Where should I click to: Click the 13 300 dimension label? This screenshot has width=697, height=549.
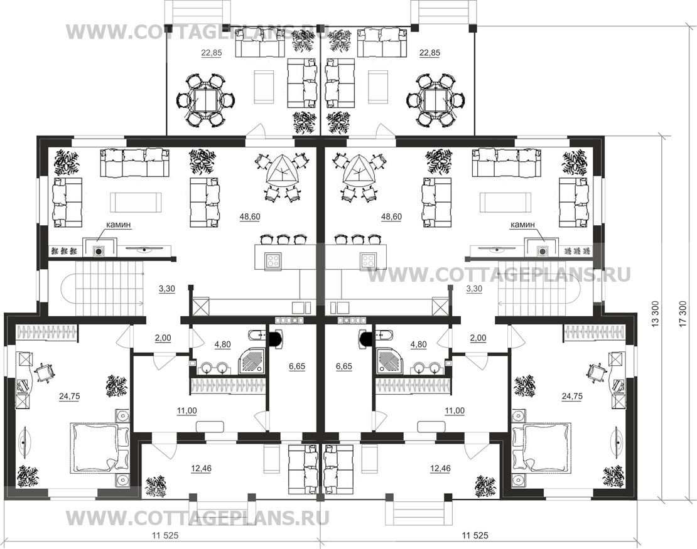(655, 314)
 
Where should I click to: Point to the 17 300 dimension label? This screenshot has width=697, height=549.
(683, 314)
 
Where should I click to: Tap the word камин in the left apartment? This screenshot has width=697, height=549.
(118, 225)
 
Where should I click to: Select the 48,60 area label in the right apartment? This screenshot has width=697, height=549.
(391, 216)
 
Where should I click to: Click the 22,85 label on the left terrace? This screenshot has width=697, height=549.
(211, 53)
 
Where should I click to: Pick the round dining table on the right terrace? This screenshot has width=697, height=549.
(436, 99)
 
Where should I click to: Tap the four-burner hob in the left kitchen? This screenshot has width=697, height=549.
(273, 260)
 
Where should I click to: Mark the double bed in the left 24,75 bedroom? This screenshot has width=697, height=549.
(99, 448)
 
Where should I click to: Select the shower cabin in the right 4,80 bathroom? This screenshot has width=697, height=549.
(389, 360)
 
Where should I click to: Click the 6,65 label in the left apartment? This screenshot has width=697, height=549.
(297, 366)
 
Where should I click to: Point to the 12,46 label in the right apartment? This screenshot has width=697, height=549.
(441, 468)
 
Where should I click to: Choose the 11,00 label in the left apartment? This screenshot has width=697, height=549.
(186, 411)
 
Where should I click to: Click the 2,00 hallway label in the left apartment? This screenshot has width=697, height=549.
(163, 338)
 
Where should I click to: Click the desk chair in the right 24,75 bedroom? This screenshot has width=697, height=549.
(596, 371)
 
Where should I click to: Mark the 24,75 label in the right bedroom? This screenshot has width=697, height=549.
(572, 396)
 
